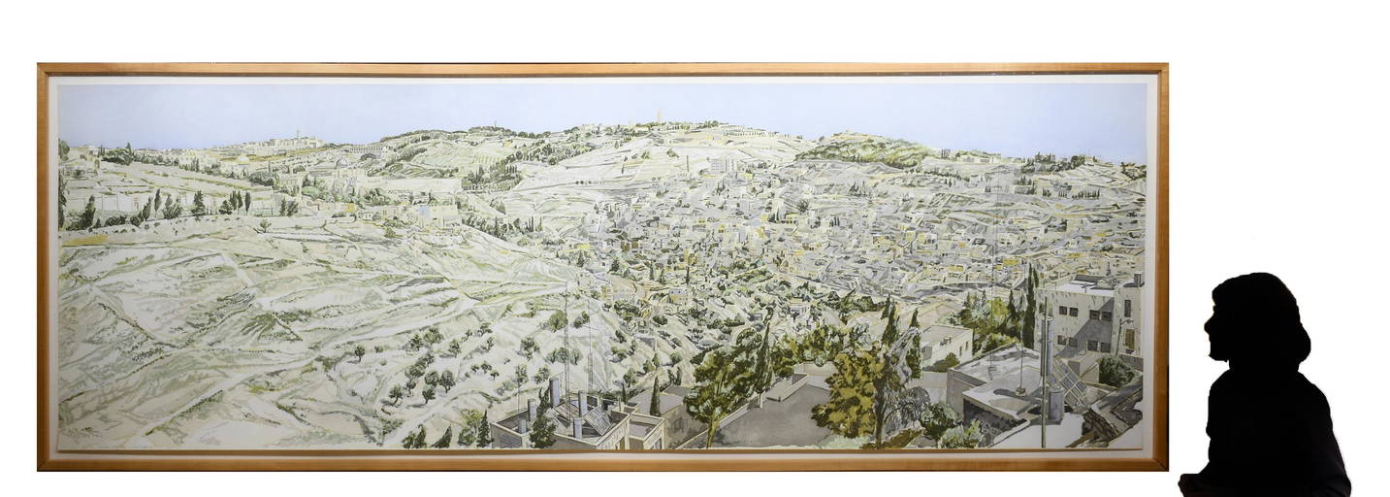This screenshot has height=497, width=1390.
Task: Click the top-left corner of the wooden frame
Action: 40,66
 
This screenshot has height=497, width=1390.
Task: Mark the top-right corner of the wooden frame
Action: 1166,66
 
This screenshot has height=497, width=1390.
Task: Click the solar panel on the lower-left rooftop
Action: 596,419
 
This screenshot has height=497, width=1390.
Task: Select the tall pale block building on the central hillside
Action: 718,166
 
